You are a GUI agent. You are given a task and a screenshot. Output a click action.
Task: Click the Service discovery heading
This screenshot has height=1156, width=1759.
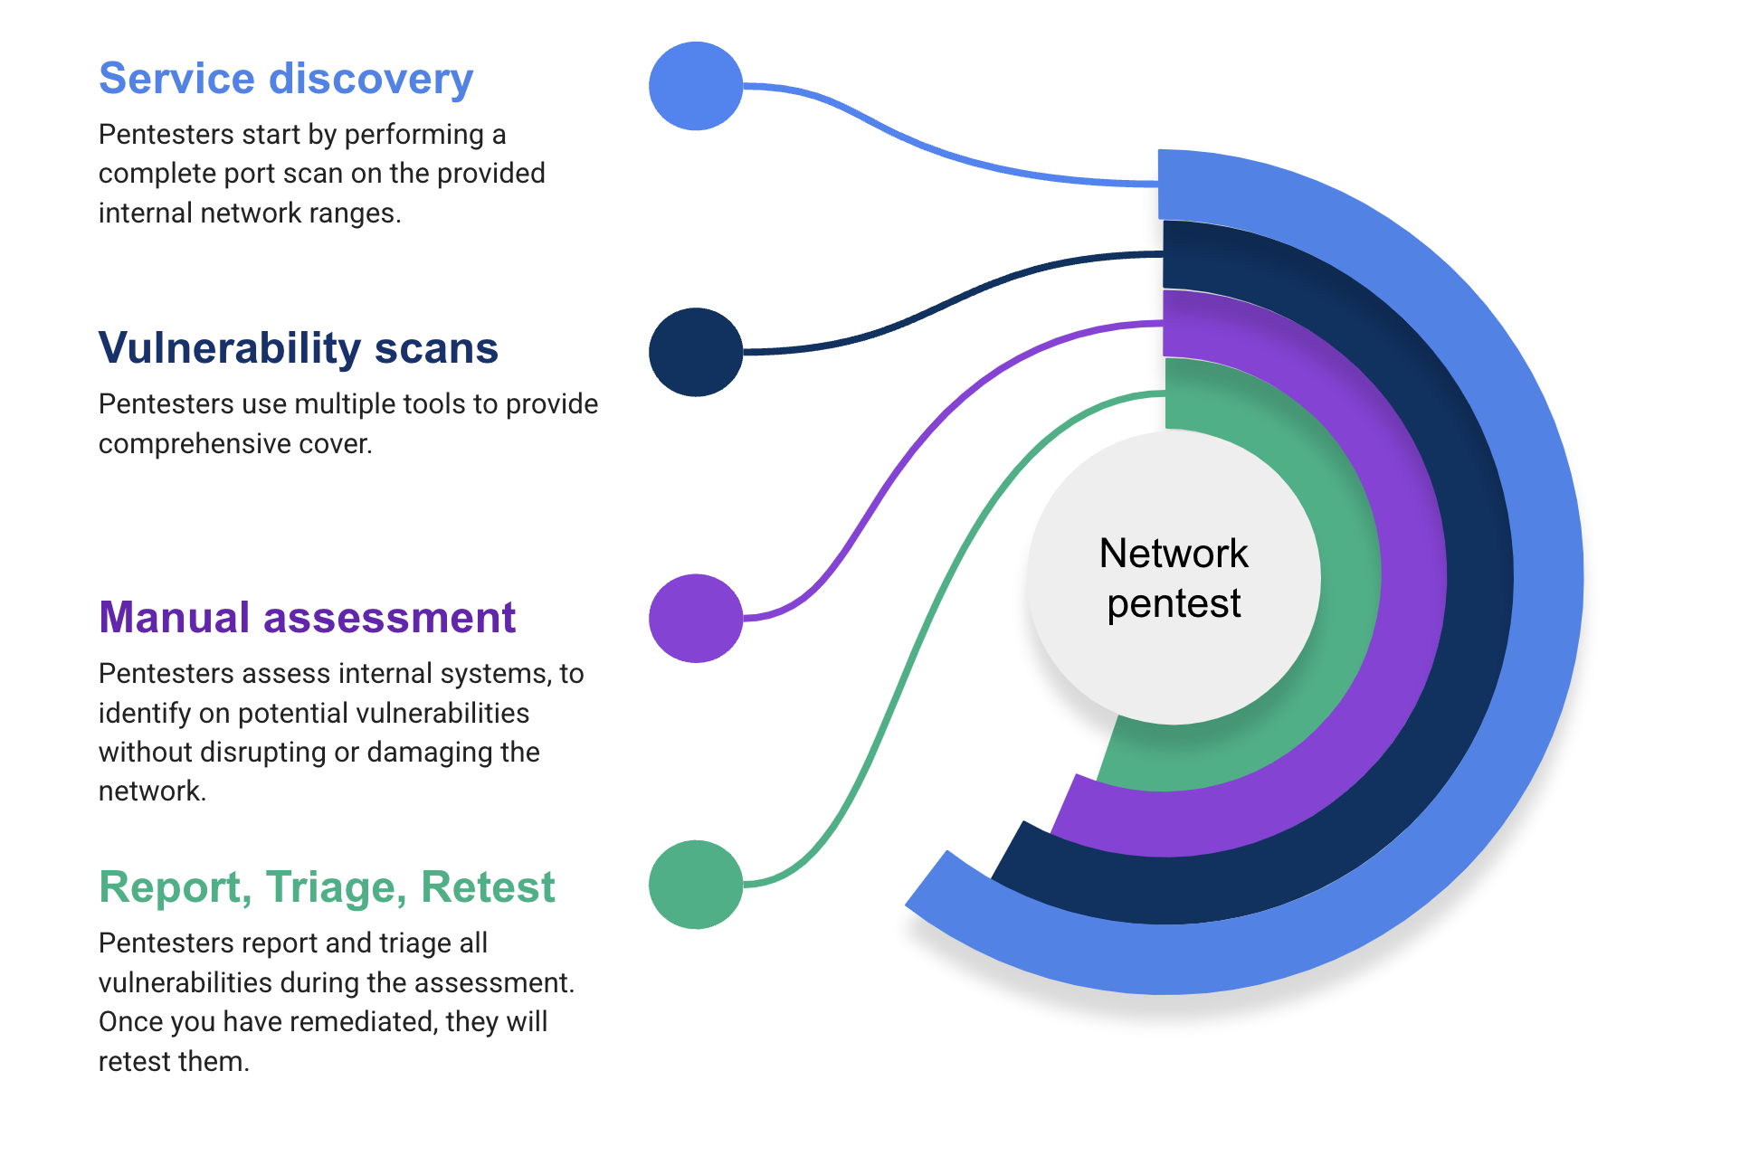coord(285,79)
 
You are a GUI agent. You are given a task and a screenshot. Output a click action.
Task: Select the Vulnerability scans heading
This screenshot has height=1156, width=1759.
coord(298,348)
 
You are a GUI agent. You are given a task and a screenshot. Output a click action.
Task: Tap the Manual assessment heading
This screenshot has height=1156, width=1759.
coord(307,618)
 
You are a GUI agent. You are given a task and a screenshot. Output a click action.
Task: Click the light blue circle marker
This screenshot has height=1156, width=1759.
coord(696,86)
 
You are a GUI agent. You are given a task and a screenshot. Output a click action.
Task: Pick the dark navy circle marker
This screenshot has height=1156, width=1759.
coord(696,352)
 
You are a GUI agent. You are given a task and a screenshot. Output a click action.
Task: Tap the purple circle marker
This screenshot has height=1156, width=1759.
coord(696,618)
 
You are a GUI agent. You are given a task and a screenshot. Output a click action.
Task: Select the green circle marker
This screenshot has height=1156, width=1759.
coord(696,884)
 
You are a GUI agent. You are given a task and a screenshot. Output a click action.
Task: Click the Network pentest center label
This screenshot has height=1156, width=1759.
coord(1174,578)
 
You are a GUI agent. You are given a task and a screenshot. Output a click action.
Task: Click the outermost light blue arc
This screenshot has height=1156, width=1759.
coord(1547,579)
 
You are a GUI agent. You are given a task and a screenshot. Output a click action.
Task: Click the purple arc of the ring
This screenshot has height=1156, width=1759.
coord(1413,579)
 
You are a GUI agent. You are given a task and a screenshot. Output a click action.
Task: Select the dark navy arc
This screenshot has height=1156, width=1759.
coord(1479,579)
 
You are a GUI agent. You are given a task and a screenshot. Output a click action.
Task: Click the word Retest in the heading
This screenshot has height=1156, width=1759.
coord(488,887)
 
